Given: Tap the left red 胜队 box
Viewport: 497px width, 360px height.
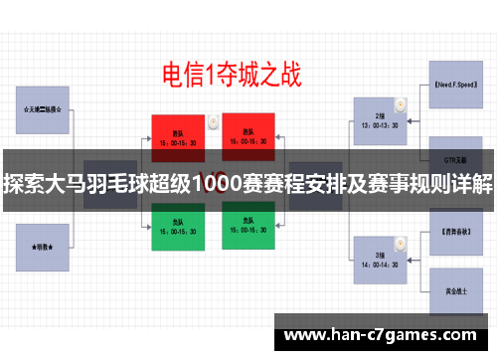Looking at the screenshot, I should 178,135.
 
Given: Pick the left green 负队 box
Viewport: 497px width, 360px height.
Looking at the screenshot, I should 178,227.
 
